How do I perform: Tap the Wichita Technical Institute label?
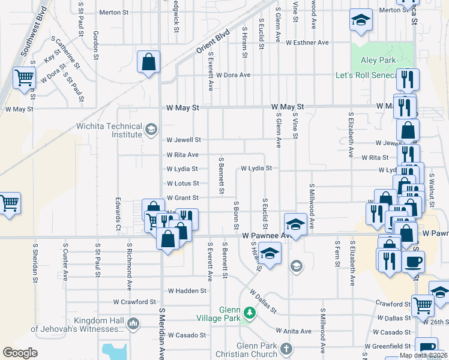109,130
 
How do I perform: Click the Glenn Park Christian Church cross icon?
287,349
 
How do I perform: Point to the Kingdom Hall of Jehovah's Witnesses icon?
133,324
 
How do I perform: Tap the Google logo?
20,352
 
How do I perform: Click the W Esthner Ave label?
307,43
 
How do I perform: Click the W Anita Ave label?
294,331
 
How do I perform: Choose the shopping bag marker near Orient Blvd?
148,61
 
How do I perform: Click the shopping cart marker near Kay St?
24,77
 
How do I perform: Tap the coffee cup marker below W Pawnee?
413,262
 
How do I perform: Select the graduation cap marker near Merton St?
360,22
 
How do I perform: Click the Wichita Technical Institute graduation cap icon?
151,129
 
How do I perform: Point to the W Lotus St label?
182,183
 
